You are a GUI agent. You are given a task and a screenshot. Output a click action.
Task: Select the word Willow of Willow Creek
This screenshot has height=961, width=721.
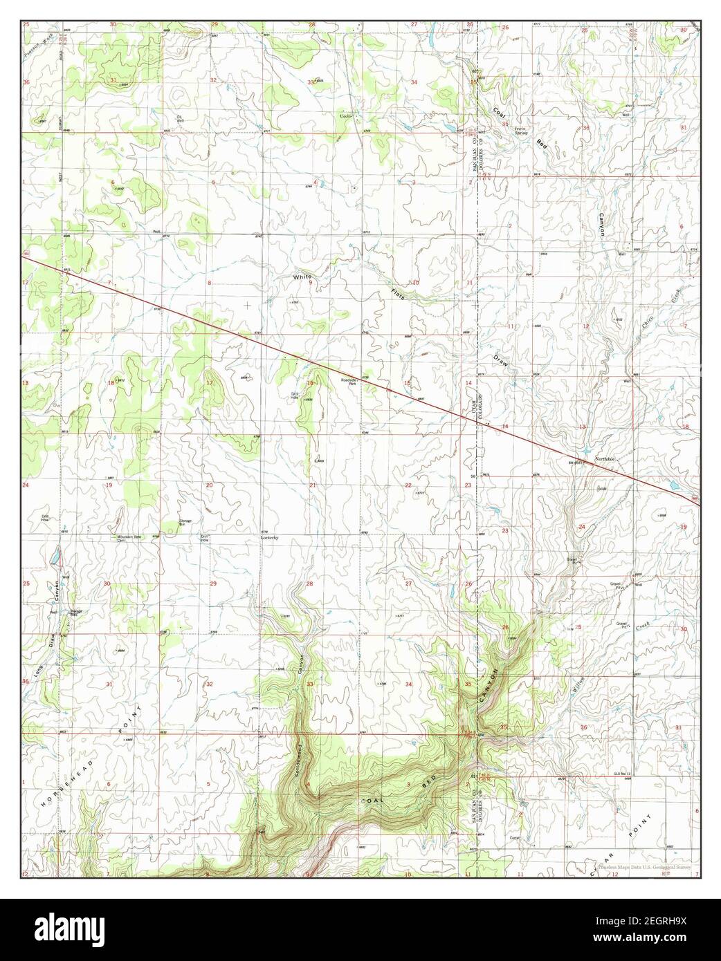[x=578, y=684]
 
